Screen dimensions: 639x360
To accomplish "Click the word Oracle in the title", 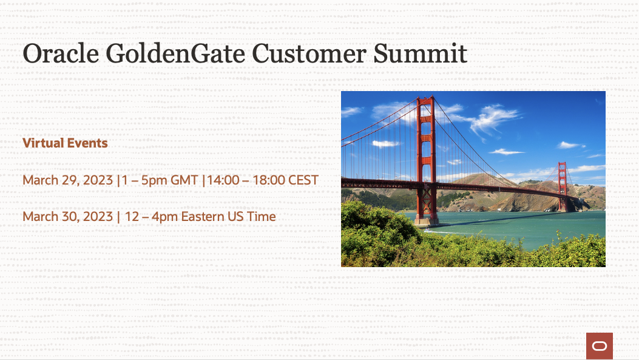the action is click(61, 53).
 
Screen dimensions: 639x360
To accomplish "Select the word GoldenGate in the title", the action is click(175, 53).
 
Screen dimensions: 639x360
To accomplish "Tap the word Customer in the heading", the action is click(309, 53).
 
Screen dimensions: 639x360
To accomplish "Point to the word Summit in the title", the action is click(420, 53).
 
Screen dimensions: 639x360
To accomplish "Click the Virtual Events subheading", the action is click(65, 143).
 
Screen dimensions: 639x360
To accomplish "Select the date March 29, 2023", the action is click(67, 180).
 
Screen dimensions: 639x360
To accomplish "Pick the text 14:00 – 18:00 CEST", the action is click(262, 180).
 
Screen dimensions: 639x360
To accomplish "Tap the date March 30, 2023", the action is click(67, 217).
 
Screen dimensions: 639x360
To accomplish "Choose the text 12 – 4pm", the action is click(151, 217).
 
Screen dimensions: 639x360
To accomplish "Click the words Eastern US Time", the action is click(229, 217).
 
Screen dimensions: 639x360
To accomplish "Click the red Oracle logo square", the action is click(600, 345).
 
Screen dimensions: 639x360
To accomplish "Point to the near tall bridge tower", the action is click(426, 159).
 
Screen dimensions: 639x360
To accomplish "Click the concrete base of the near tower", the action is click(426, 222).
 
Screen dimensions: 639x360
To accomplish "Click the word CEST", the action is click(303, 180).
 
